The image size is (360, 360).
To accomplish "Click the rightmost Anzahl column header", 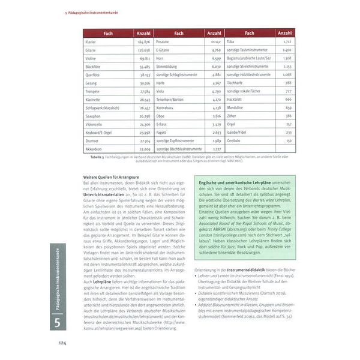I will click(x=285, y=33).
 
